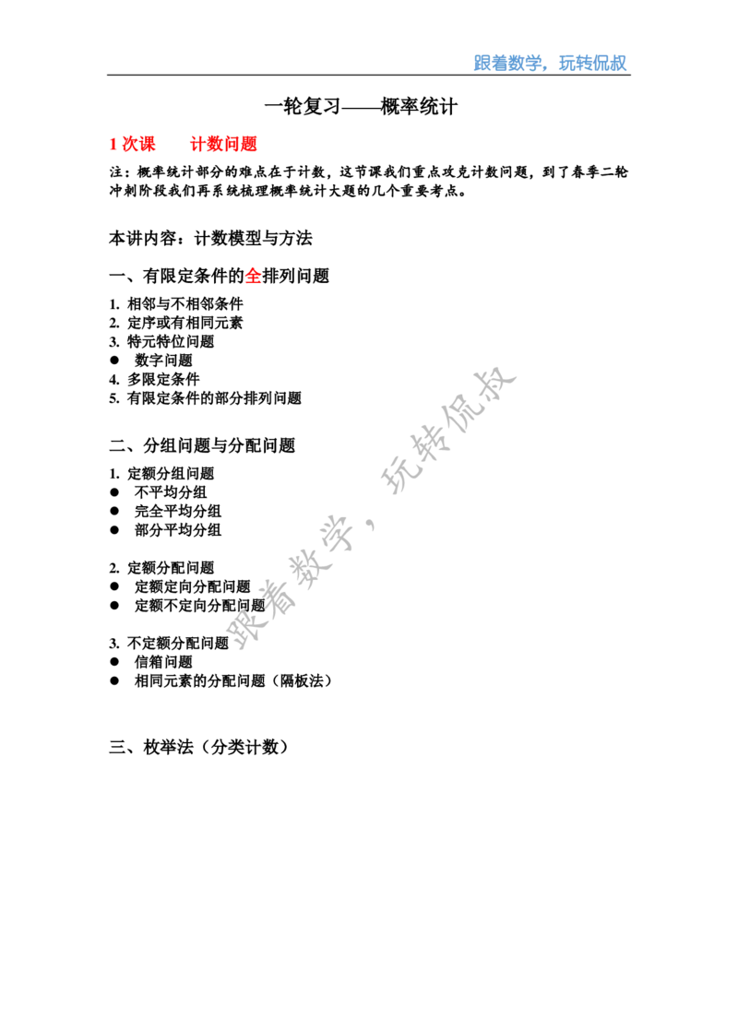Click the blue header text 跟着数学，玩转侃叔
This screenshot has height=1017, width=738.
pos(550,63)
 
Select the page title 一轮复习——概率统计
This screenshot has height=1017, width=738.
pos(361,106)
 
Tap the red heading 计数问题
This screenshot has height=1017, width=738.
pos(224,144)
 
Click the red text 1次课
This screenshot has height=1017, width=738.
pos(133,144)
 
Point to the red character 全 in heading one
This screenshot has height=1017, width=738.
pos(253,277)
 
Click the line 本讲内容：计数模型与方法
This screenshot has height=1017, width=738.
pos(210,239)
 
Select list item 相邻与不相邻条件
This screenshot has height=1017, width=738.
pos(185,303)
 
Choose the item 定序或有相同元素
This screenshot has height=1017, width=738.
pos(185,323)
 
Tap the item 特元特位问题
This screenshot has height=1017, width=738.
pos(171,341)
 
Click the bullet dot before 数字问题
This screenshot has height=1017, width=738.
pos(115,360)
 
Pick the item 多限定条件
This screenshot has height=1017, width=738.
pos(163,379)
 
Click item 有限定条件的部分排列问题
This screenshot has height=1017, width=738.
pos(214,397)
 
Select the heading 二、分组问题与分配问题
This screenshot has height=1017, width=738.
pos(203,445)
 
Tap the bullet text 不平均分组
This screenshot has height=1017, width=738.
pos(171,492)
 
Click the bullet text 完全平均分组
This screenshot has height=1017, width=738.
pos(178,511)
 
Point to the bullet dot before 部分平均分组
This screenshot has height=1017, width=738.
pos(115,530)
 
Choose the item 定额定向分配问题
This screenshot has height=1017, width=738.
pos(193,586)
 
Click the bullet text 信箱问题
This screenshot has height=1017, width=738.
pos(163,662)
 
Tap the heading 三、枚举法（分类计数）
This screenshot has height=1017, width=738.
pos(198,747)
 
